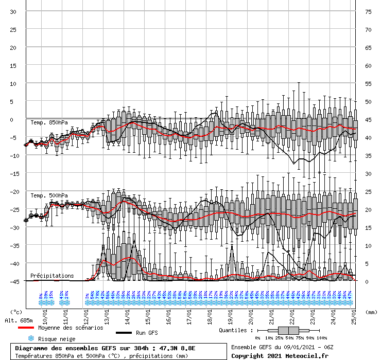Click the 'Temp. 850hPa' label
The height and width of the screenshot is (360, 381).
coord(49,122)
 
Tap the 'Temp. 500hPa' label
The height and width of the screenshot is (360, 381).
coord(49,196)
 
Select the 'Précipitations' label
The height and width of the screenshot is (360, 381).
coord(52,276)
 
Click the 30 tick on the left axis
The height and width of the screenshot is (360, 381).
coord(13,12)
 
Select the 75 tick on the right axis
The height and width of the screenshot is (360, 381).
coord(368,12)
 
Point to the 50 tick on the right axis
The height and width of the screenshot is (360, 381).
coord(368,102)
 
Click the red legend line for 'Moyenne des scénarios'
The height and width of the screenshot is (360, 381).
coord(27,328)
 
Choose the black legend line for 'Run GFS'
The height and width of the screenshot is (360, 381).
coord(125,333)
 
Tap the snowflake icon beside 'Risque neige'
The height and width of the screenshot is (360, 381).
coord(30,338)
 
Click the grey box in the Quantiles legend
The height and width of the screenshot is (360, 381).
coord(290,330)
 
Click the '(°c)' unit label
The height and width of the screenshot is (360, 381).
coord(16,312)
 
